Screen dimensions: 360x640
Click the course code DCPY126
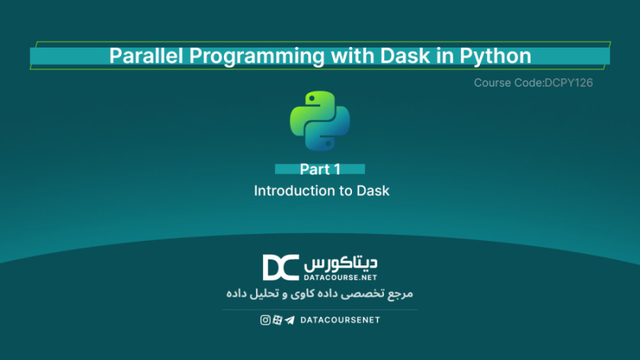click(567, 83)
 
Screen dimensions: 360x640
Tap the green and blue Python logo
click(320, 121)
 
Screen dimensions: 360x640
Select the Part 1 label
click(320, 169)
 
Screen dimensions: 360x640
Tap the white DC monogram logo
click(280, 268)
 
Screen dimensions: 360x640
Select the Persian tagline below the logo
click(319, 293)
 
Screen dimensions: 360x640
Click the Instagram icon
click(265, 320)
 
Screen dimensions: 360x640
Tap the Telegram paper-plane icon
click(289, 320)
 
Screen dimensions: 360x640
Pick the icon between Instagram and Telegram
click(277, 320)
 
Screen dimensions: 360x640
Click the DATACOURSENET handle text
click(340, 320)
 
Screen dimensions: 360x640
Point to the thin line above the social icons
click(320, 309)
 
